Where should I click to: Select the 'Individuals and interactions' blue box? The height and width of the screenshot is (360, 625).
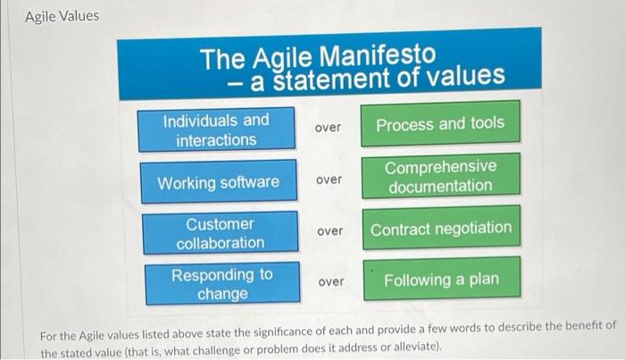[215, 130]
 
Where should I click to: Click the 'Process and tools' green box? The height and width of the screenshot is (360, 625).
[439, 124]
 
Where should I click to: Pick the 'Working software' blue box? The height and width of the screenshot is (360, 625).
[218, 182]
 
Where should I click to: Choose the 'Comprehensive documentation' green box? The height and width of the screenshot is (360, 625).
[439, 176]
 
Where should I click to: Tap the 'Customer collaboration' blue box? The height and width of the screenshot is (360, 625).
[220, 233]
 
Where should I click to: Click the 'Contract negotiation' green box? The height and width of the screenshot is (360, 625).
[441, 229]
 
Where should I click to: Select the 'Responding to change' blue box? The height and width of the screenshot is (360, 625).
[221, 283]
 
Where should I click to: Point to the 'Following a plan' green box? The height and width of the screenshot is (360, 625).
[441, 280]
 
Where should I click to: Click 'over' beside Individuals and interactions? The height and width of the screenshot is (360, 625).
[328, 128]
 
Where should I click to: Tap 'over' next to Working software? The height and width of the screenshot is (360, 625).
[329, 180]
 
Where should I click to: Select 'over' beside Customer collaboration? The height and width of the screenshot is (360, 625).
[329, 231]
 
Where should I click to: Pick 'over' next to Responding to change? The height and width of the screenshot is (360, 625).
[330, 281]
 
